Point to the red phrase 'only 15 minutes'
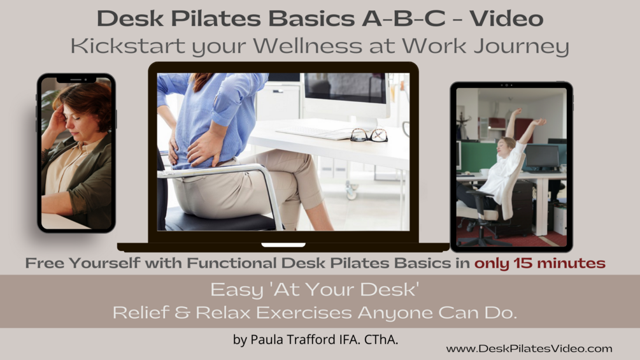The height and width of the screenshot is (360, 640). point(539,263)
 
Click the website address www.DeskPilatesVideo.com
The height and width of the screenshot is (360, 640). point(529,349)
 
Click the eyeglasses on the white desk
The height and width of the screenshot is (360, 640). point(369,135)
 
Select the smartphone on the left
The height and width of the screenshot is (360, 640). point(76,153)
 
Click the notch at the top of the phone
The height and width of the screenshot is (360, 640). point(76,80)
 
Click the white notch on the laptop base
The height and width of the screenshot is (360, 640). point(283,244)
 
